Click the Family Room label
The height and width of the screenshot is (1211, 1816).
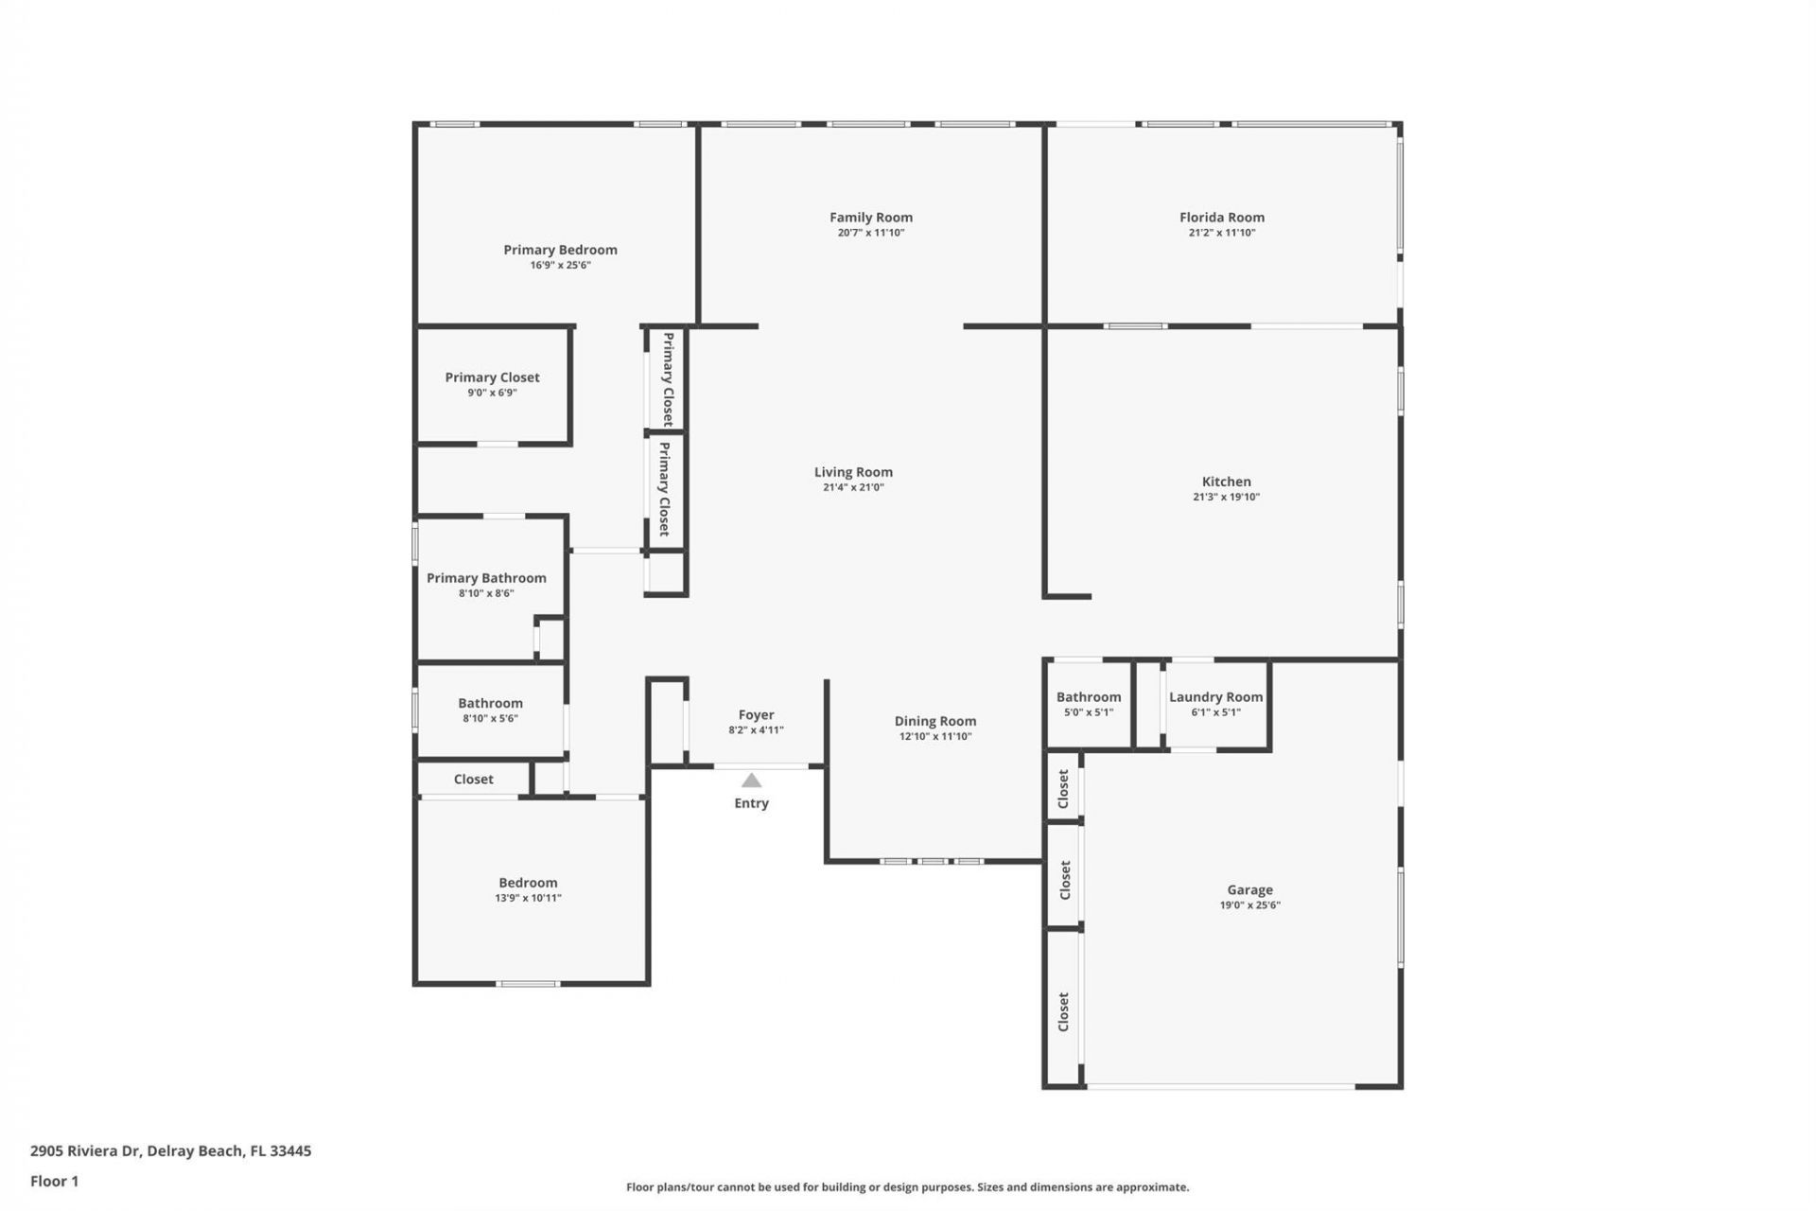870,218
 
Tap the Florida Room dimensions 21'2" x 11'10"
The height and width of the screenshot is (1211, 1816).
1221,233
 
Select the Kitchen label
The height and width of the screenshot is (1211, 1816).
1226,482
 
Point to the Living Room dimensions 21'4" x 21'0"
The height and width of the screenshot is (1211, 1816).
853,488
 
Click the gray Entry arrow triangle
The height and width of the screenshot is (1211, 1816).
751,781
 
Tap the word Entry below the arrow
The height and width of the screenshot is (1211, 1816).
751,803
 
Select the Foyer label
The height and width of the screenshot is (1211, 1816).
756,715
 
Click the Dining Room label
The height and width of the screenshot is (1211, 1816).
934,721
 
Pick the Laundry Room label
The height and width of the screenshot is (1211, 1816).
1215,697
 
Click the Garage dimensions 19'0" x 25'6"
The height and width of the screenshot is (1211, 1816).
1249,905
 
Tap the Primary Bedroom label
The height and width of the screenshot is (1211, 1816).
560,250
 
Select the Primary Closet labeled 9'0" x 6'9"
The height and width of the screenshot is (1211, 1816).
492,377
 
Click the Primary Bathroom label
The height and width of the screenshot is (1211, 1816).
486,578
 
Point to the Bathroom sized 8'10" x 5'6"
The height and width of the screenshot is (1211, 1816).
490,703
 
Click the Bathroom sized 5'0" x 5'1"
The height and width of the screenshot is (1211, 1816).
1088,697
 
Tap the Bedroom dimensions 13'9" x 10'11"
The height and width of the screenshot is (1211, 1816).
528,898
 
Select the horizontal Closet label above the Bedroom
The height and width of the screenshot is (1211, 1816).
473,780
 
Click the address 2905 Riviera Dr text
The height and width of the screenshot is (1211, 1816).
170,1151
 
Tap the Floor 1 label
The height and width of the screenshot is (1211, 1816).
54,1181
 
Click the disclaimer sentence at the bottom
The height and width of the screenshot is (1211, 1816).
907,1187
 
